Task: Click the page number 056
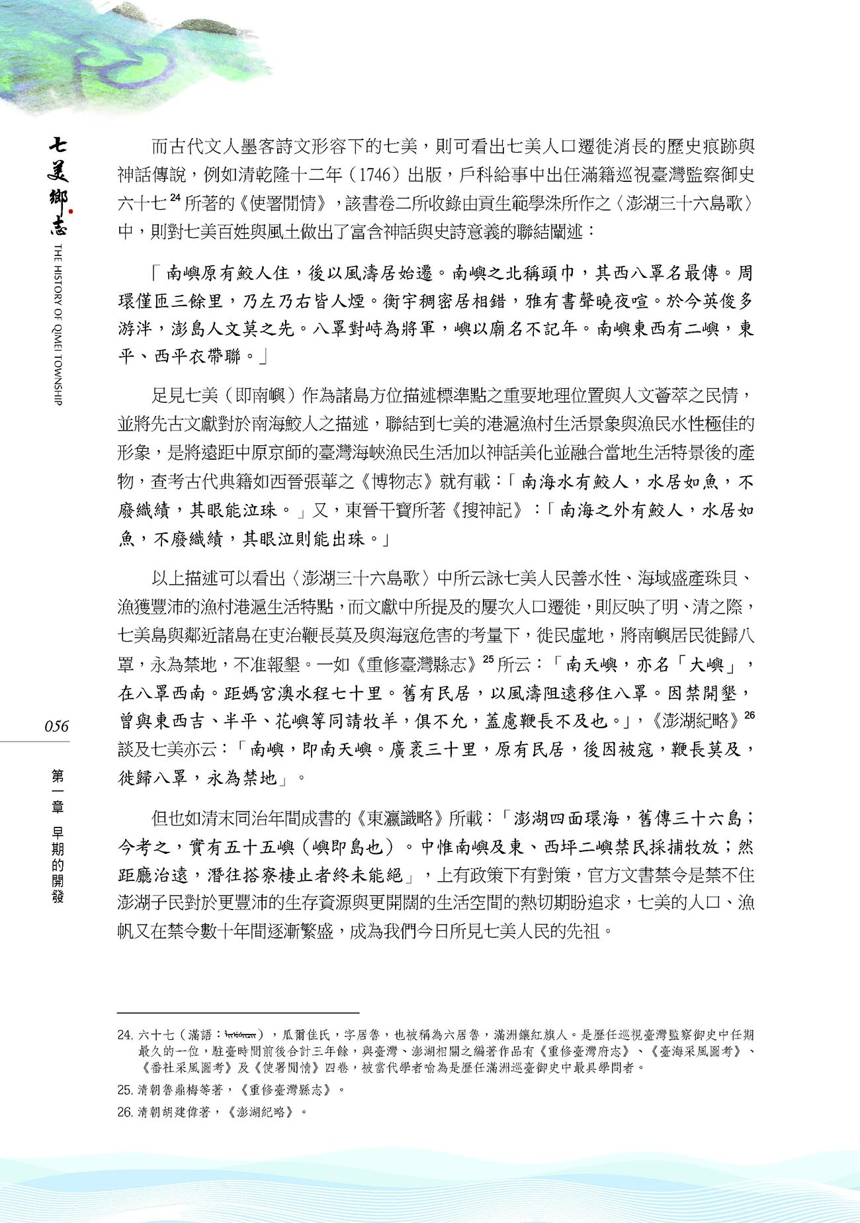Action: tap(56, 726)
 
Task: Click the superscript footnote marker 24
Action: tap(175, 197)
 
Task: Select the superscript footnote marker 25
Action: tap(488, 659)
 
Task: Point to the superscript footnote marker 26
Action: tap(749, 715)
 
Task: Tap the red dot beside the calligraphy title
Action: tap(70, 212)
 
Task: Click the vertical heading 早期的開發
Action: tap(58, 864)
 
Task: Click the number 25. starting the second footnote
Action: tap(124, 1089)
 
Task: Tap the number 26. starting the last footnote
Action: tap(124, 1112)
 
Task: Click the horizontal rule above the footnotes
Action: tap(238, 1013)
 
